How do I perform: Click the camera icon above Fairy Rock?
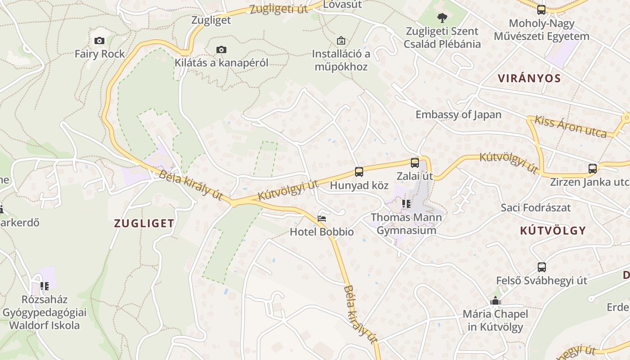pos(99,41)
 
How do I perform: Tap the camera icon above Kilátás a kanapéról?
pos(221,49)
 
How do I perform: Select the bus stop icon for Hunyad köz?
pos(359,171)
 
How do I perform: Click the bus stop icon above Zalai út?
pos(415,162)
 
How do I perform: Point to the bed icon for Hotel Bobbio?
pos(322,219)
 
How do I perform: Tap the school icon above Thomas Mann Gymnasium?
pos(406,204)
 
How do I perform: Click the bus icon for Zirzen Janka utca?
pos(593,169)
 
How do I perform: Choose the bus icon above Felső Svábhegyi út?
pos(542,267)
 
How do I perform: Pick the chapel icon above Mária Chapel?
pos(495,301)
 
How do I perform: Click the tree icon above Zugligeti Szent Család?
pos(442,18)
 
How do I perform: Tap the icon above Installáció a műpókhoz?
pos(341,40)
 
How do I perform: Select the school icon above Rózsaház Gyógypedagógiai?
pos(44,286)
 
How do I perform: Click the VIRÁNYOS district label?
pos(529,78)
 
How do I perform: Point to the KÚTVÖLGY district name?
pos(553,231)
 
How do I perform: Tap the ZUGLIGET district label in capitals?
pos(144,223)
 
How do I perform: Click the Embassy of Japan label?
pos(458,114)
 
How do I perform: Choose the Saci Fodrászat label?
pos(535,207)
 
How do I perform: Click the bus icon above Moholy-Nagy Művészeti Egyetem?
pos(541,9)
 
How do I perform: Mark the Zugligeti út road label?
pos(279,9)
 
